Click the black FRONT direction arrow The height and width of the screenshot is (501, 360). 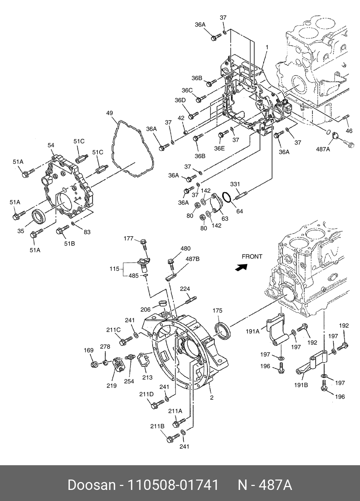coord(241,267)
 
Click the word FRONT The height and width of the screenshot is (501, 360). coord(252,257)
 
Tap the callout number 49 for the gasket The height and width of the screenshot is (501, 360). coord(110,113)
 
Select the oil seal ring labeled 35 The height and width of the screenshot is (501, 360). coord(39,216)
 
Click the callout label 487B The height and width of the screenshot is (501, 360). coord(192,259)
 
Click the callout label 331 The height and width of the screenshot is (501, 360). coord(235,184)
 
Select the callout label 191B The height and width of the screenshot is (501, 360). coord(301,385)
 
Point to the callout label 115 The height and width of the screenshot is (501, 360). coord(114,269)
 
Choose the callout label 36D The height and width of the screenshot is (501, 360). coord(180,100)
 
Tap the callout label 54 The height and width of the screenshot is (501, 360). coord(51,145)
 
